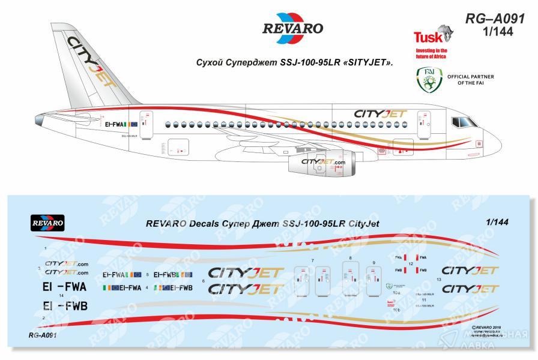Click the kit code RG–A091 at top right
tap(495, 19)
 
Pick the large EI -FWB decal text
tap(65, 307)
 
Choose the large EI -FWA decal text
tap(65, 286)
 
